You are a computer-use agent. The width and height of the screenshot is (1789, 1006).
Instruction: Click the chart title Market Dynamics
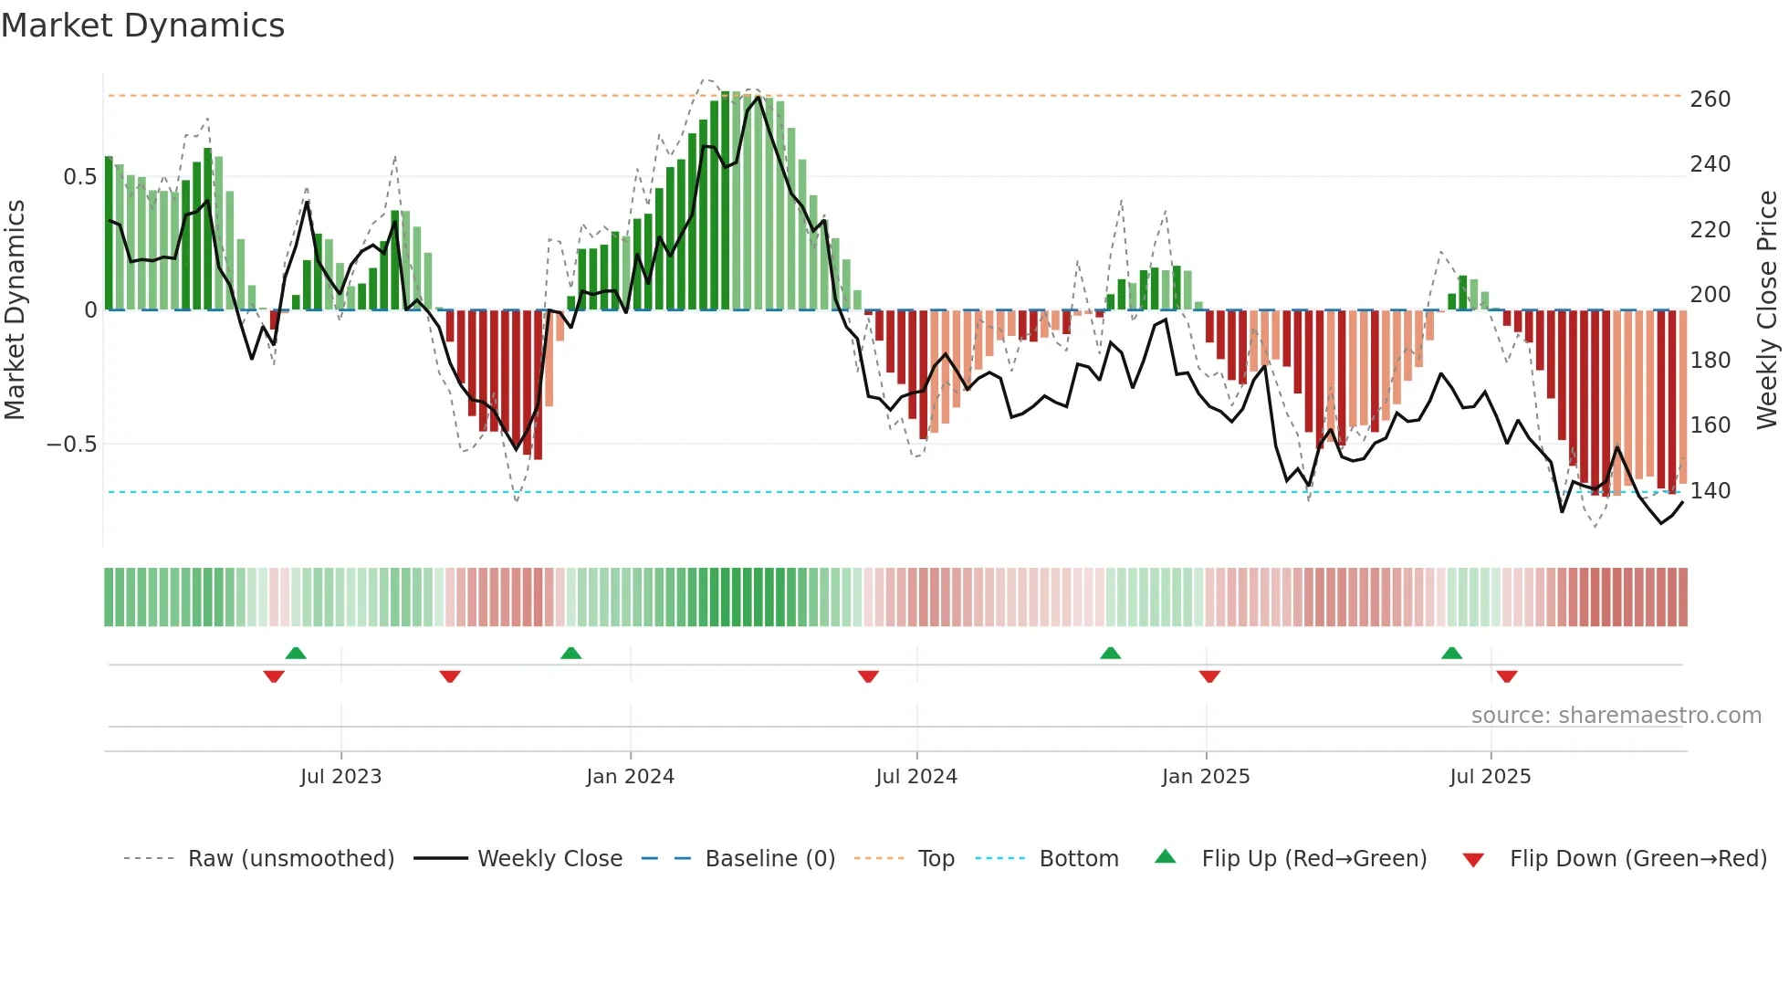(x=143, y=26)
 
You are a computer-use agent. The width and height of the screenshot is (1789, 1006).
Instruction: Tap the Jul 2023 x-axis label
(x=340, y=777)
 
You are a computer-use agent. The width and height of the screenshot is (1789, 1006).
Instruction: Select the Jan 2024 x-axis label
(x=630, y=777)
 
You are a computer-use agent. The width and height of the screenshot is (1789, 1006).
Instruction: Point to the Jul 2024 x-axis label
(x=916, y=777)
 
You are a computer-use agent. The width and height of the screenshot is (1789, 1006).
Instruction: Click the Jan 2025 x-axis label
(x=1206, y=777)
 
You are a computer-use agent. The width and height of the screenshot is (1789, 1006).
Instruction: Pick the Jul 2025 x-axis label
(x=1490, y=777)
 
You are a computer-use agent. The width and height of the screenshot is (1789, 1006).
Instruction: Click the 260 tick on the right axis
(x=1710, y=99)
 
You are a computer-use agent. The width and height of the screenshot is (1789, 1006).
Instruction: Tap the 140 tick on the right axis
(x=1710, y=491)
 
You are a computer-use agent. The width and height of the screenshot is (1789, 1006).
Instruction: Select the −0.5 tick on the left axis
(x=71, y=445)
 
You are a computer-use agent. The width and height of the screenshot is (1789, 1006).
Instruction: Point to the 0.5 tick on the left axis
(x=79, y=177)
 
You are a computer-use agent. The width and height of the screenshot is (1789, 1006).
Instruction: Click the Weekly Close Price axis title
(x=1767, y=310)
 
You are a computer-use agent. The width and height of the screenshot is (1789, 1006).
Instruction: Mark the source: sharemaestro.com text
(x=1616, y=716)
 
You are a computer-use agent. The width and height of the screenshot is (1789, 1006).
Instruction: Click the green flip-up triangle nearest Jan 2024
(x=570, y=653)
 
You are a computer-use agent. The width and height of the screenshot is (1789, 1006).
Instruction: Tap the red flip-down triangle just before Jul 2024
(x=868, y=676)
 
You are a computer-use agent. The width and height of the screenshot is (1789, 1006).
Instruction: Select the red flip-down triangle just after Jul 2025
(x=1507, y=676)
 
